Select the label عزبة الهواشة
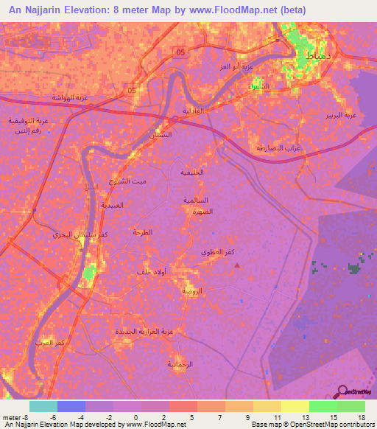[x=65, y=97]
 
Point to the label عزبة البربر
[x=342, y=116]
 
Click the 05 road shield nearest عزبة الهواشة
[x=132, y=91]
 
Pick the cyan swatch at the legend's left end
[x=43, y=406]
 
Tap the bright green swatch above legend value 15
[x=323, y=406]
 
